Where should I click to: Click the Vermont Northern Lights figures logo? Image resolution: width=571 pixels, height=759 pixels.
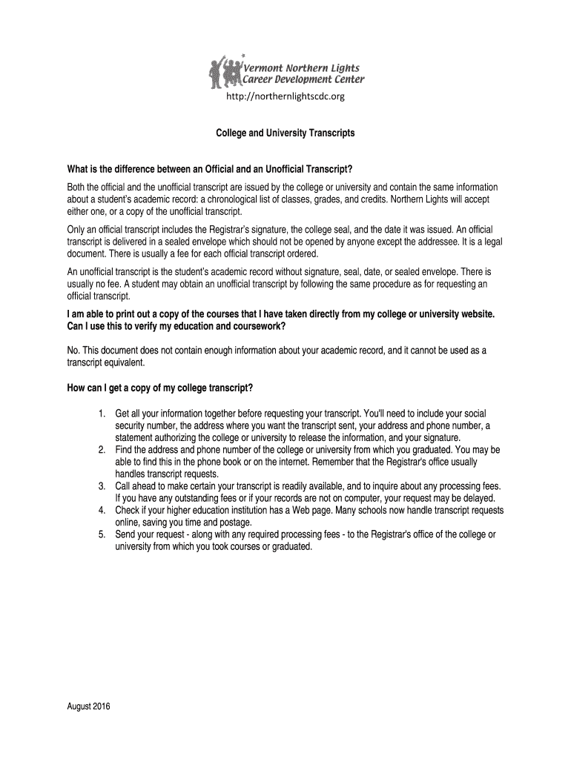click(x=226, y=71)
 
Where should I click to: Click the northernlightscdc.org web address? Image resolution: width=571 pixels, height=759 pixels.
click(x=285, y=96)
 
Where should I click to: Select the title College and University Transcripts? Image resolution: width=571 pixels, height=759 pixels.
click(x=285, y=133)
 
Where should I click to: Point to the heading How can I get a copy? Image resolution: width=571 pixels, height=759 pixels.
click(x=160, y=388)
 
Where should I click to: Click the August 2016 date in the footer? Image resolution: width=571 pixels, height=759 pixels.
click(x=88, y=706)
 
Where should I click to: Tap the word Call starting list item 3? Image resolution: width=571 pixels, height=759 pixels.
click(x=124, y=486)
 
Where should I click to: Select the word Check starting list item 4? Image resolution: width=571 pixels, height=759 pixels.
click(x=128, y=511)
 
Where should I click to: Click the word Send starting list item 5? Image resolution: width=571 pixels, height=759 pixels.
click(x=126, y=534)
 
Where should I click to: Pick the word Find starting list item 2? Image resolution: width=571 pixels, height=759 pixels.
click(x=125, y=450)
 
